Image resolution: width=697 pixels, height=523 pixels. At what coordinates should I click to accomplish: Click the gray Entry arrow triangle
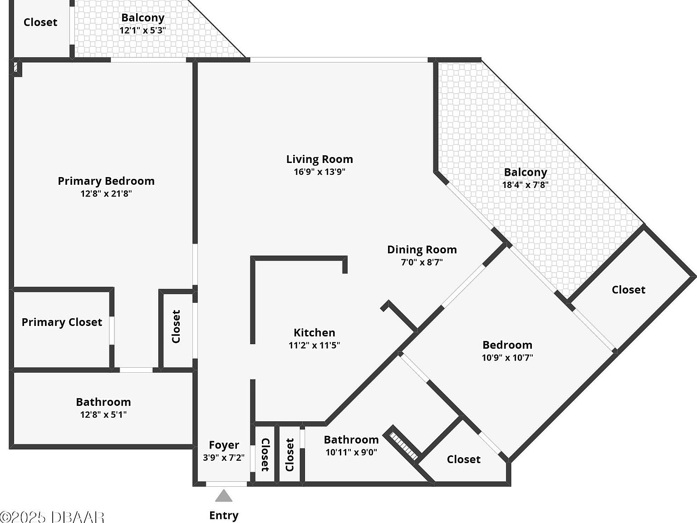[x=224, y=496]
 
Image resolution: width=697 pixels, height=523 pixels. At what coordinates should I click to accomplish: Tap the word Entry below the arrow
[x=224, y=515]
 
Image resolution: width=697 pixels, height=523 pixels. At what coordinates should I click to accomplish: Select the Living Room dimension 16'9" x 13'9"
[x=319, y=172]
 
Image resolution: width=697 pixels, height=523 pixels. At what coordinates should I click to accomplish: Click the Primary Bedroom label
[x=106, y=181]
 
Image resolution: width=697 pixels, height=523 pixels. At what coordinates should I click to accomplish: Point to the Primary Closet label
[x=62, y=322]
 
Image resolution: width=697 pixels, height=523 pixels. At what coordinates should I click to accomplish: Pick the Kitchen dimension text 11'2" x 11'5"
[x=314, y=345]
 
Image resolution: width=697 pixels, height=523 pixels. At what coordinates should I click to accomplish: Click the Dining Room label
[x=422, y=249]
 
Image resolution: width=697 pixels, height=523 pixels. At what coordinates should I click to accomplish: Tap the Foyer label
[x=224, y=445]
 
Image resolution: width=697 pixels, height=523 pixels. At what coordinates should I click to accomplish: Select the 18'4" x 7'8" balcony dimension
[x=525, y=185]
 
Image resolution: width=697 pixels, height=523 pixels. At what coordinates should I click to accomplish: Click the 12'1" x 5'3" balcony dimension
[x=142, y=30]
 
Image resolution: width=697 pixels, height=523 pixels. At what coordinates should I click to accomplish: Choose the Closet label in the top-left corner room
[x=40, y=22]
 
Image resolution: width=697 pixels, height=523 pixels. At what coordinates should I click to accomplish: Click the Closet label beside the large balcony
[x=628, y=290]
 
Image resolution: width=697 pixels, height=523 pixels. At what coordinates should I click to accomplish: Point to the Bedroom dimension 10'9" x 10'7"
[x=507, y=357]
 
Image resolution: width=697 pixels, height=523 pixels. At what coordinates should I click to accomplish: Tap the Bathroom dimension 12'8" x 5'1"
[x=103, y=414]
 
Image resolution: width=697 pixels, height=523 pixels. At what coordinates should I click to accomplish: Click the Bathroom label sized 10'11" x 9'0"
[x=351, y=439]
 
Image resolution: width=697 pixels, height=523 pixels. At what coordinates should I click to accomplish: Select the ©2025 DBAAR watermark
[x=52, y=517]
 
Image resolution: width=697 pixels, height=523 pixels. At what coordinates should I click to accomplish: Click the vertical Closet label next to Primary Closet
[x=176, y=326]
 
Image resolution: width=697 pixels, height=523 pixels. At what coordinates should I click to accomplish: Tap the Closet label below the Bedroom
[x=463, y=459]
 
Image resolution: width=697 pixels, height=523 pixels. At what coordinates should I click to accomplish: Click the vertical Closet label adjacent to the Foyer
[x=265, y=454]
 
